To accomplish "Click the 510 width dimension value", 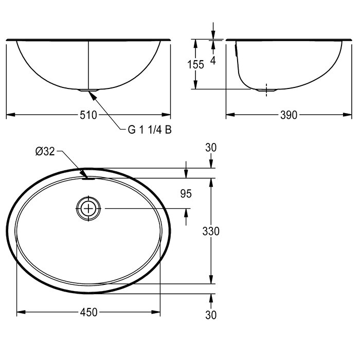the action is tap(88, 115).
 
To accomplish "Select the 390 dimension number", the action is tap(289, 115).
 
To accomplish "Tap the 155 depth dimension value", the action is tap(195, 64).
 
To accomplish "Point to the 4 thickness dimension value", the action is tap(213, 60).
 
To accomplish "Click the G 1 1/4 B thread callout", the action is tap(150, 130).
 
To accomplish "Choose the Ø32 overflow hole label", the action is tap(45, 151).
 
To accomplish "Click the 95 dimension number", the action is tap(186, 194).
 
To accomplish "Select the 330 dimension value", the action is tap(211, 231).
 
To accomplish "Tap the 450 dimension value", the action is tap(89, 312).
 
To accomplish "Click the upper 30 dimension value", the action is tap(211, 148).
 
